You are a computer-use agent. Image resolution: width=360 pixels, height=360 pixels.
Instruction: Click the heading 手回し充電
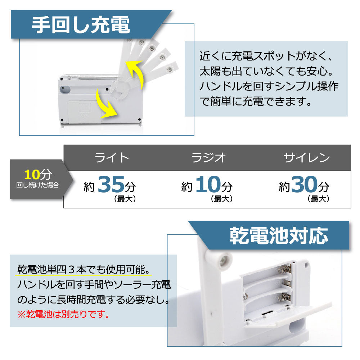click(81, 25)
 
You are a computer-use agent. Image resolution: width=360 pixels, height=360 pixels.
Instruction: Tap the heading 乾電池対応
click(279, 235)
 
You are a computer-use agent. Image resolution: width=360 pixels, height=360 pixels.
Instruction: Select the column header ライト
click(112, 158)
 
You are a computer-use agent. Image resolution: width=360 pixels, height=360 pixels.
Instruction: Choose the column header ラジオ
click(208, 158)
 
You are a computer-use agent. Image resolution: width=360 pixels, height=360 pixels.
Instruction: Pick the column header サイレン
click(307, 158)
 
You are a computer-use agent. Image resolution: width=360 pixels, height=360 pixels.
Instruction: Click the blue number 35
click(111, 184)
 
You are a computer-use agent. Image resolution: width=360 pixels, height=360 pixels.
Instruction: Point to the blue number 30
click(305, 184)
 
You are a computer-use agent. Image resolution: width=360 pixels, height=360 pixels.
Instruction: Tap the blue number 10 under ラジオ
click(208, 184)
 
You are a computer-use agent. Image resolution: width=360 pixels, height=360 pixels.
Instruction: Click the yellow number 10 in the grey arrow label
click(32, 175)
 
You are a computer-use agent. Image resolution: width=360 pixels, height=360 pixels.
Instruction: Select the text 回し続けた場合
click(38, 185)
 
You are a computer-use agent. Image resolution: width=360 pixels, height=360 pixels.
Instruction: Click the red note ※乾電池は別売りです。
click(64, 314)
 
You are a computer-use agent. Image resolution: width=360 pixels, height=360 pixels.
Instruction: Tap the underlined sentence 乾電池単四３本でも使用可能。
click(84, 269)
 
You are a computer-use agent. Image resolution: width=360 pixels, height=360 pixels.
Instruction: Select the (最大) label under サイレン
click(319, 199)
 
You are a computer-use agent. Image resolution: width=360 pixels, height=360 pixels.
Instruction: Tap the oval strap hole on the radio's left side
click(65, 89)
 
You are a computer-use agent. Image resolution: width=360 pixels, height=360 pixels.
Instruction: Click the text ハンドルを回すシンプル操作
click(269, 86)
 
